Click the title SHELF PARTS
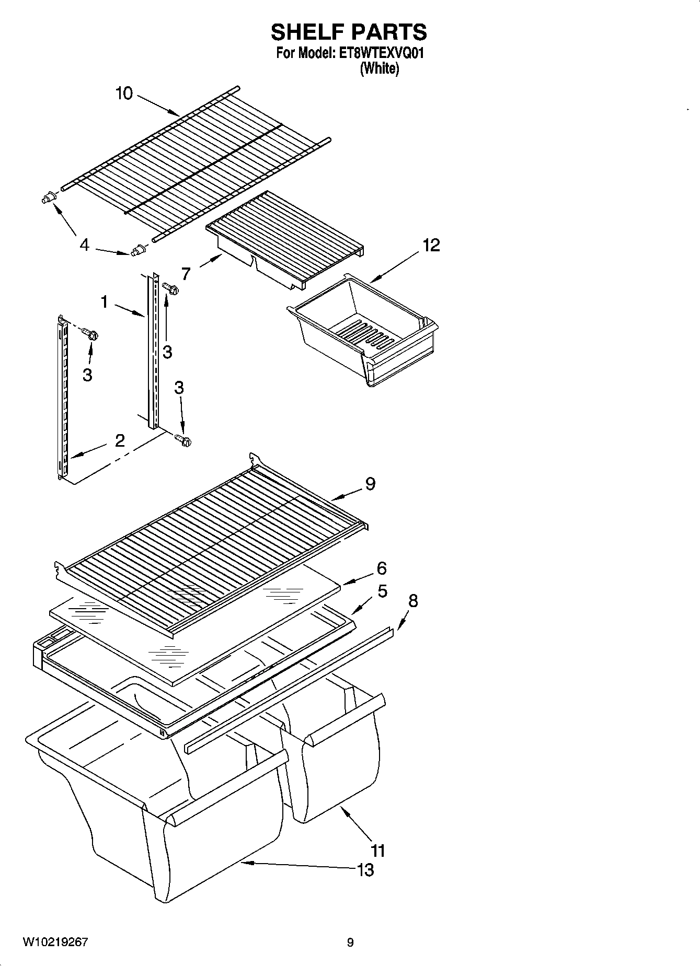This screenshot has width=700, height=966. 349,32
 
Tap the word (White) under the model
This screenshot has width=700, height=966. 380,68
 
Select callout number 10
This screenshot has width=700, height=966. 124,94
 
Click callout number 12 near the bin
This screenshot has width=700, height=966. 431,245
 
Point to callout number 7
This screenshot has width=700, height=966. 186,273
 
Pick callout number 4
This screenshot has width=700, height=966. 85,245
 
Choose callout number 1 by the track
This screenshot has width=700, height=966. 105,301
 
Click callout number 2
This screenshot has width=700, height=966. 120,440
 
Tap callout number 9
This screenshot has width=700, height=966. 370,484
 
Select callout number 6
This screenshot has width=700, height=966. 382,568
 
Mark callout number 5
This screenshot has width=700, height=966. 383,591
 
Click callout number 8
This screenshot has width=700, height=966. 413,601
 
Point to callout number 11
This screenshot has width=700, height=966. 378,851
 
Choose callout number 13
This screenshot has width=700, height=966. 365,870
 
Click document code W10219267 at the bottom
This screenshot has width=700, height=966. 55,942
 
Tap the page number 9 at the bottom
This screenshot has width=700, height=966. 350,942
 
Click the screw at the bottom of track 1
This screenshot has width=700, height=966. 183,440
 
